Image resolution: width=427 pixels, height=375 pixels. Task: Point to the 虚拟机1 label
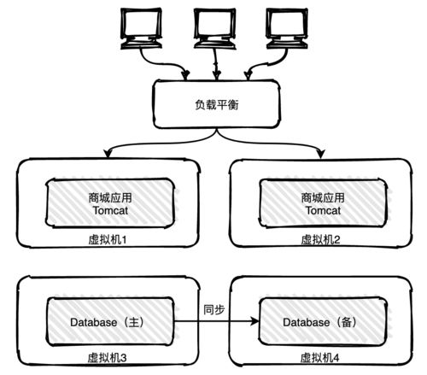[x=108, y=240]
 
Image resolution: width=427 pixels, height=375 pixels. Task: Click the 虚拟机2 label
[x=321, y=240]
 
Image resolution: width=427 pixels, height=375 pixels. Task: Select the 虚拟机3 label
[x=108, y=358]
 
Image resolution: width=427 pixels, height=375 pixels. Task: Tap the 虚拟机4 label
[x=321, y=358]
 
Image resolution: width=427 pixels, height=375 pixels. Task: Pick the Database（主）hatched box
[x=108, y=322]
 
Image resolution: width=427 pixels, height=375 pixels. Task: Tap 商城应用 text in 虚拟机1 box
[x=108, y=196]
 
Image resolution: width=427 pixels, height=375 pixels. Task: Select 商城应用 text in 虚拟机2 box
[x=321, y=196]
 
